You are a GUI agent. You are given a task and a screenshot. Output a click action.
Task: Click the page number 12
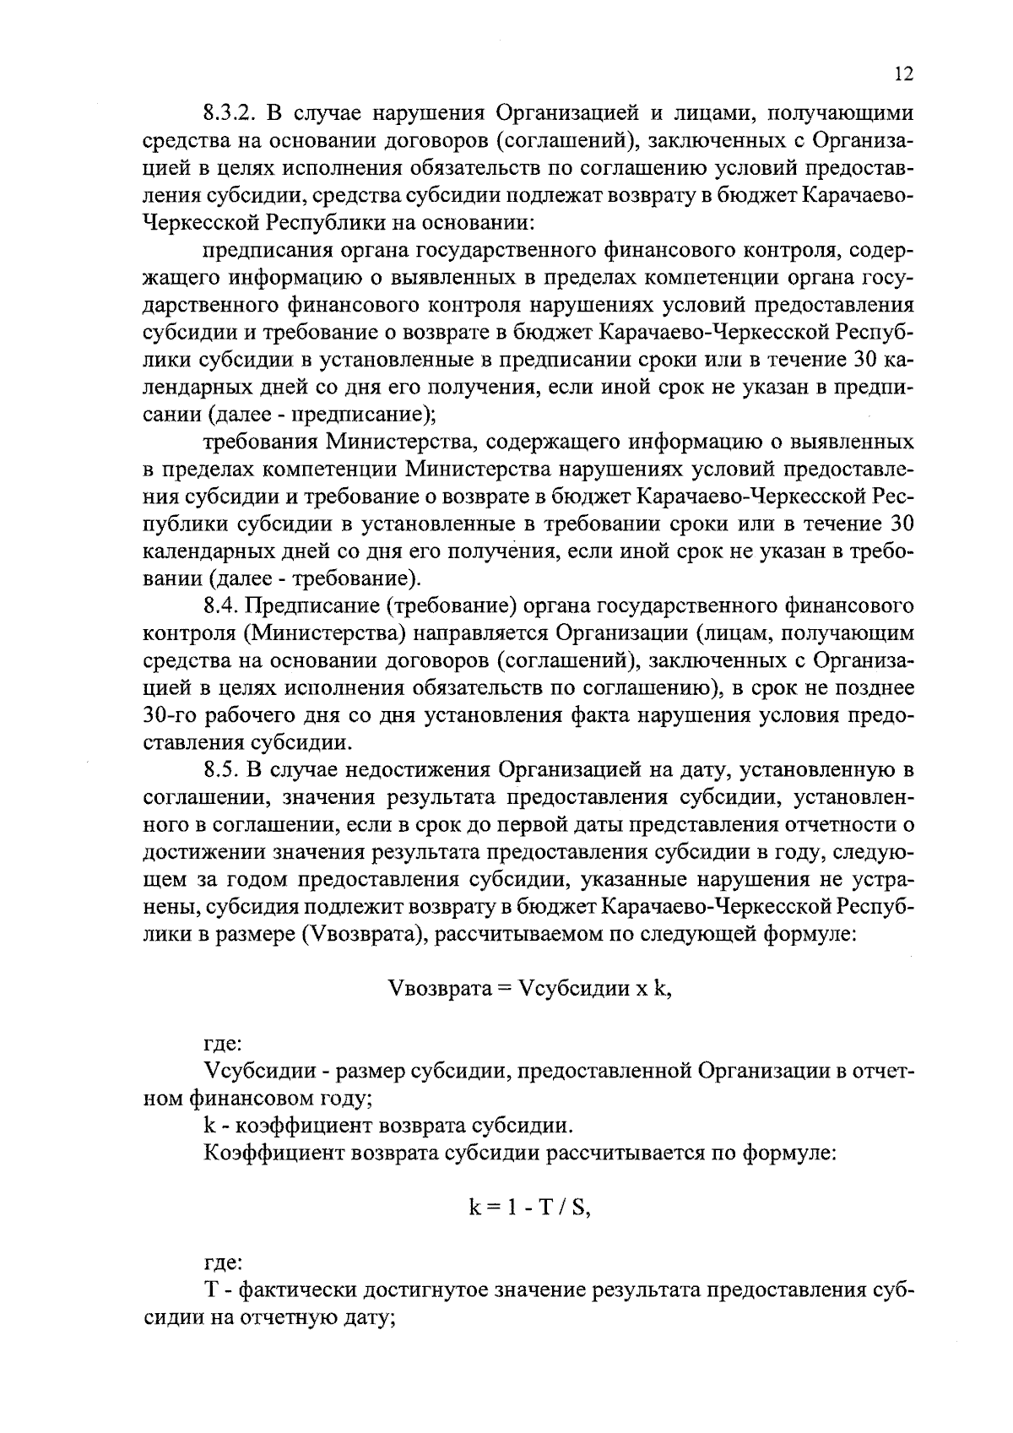pos(902,74)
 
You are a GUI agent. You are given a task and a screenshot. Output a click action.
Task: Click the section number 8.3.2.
pos(233,113)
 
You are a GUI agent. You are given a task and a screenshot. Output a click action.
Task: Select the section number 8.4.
pos(222,605)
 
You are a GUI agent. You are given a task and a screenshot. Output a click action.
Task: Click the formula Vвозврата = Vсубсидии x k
pos(529,990)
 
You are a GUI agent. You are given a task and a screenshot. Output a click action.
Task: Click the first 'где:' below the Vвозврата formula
pos(224,1045)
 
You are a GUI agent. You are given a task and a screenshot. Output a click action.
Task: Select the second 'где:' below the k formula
pos(224,1263)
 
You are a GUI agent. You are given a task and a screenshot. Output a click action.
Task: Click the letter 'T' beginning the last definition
pos(211,1291)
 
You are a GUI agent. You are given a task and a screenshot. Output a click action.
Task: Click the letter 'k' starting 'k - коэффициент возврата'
pos(209,1126)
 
